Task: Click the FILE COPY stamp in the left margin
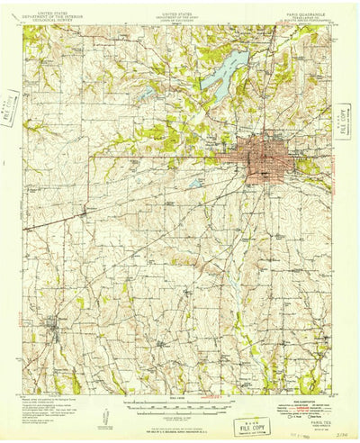[x=12, y=106]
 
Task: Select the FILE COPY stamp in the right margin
[x=343, y=118]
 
